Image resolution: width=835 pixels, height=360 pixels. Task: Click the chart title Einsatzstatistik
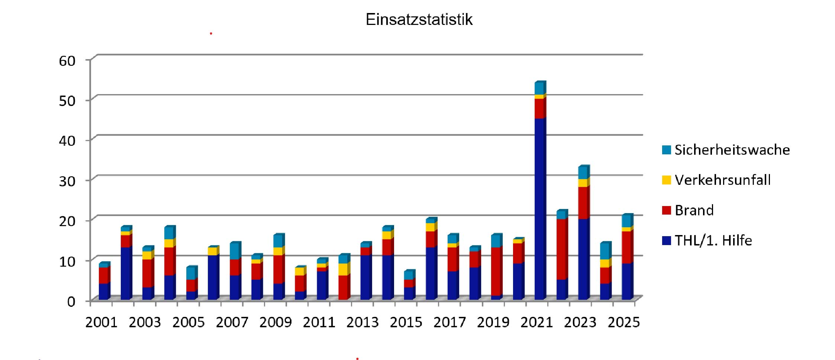click(x=419, y=19)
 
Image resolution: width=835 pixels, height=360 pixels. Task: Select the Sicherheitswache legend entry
click(x=732, y=150)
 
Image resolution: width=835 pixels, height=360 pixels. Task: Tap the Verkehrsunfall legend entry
click(x=722, y=180)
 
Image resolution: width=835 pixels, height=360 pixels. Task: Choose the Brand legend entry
click(x=694, y=210)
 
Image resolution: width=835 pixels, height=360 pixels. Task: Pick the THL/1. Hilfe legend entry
click(x=713, y=241)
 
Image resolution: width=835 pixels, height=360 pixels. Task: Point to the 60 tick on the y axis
click(x=67, y=61)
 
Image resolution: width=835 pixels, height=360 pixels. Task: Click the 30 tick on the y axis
click(x=67, y=181)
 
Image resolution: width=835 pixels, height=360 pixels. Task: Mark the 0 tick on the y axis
click(x=71, y=301)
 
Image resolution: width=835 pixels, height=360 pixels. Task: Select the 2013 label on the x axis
click(x=362, y=322)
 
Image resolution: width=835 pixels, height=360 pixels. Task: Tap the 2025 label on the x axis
click(x=624, y=322)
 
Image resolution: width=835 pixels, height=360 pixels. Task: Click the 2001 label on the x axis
click(x=101, y=322)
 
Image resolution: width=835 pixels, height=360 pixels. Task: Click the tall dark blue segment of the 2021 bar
click(x=540, y=208)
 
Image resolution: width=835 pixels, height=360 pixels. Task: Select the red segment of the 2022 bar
click(x=562, y=249)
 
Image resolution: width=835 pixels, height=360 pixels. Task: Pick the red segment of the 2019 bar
click(x=496, y=271)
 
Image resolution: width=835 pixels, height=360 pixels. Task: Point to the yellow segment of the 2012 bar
click(x=344, y=269)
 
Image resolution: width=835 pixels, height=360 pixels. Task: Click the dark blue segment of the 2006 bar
click(x=213, y=277)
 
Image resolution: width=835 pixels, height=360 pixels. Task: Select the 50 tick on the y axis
click(x=67, y=101)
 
